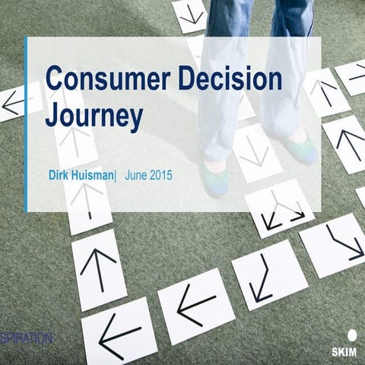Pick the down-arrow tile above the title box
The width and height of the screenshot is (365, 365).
[190, 14]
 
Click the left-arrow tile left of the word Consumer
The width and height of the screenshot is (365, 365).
[16, 103]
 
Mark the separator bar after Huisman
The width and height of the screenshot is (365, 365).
[116, 175]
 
